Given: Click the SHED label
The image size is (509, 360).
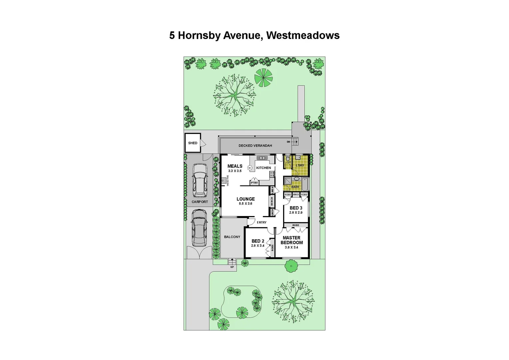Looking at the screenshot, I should coord(193,143).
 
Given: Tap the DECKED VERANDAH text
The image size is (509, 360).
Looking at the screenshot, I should coord(255,146).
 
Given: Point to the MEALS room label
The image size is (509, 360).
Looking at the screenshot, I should coord(235,166).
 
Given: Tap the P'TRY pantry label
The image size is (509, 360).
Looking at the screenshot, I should coord(254,183).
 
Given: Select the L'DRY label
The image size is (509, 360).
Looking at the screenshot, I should coord(300,165).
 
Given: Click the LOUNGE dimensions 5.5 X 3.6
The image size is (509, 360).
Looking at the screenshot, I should coord(246,204).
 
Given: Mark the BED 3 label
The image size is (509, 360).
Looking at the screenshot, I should coord(296,208).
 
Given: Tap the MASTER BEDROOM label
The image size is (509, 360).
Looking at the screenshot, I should coord(291,240).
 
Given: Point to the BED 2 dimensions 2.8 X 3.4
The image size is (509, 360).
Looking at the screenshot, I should coord(257,246).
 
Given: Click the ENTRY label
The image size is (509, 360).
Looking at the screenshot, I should coord(262,222).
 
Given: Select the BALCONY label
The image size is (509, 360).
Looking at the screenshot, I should coord(232,237).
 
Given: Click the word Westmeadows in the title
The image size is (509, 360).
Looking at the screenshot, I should coord(303,35).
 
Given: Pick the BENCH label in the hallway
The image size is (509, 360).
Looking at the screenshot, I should coord(272,201).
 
